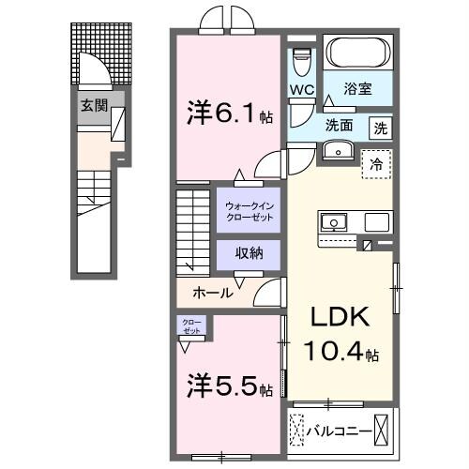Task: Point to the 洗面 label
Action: point(340,126)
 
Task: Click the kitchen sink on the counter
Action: point(334,223)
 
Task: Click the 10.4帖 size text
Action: point(340,355)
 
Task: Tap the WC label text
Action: point(301,90)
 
